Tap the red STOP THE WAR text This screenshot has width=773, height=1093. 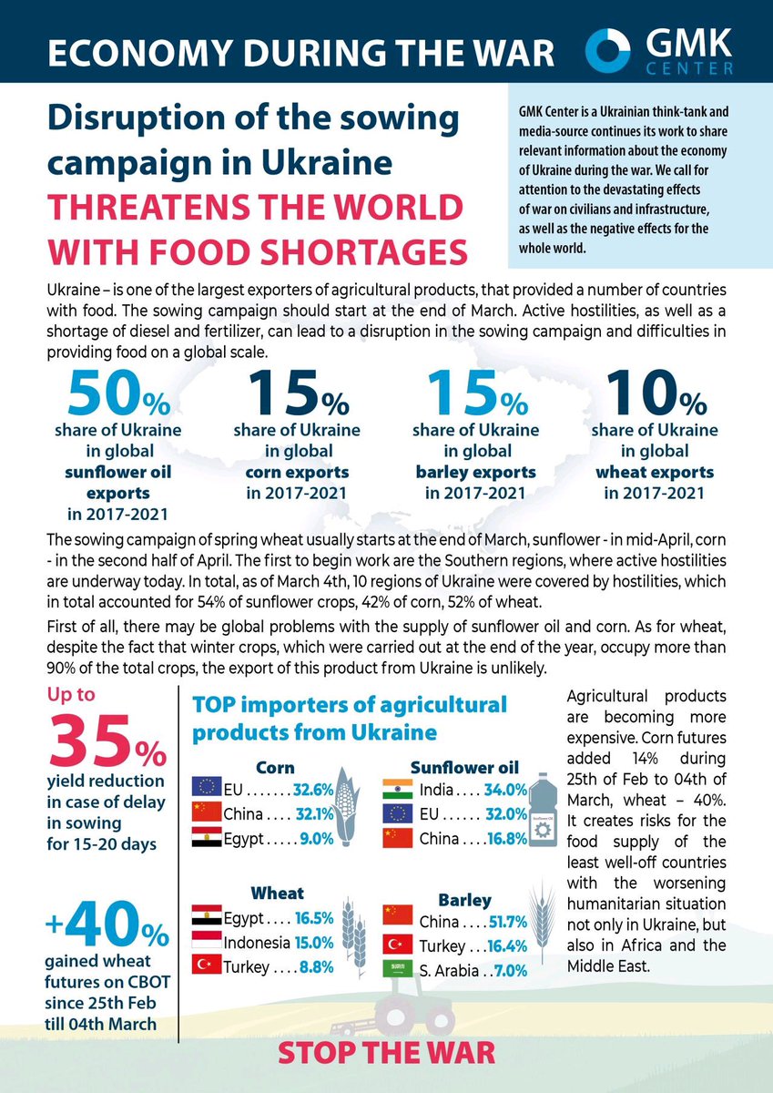coord(386,1053)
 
